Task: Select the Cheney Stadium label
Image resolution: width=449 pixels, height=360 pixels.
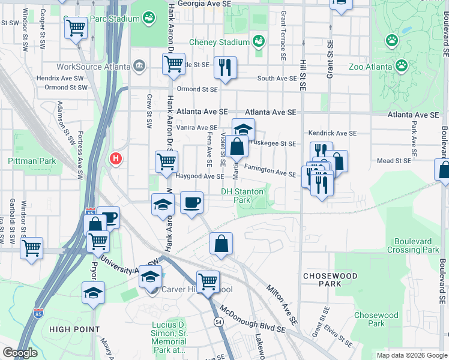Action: (219, 42)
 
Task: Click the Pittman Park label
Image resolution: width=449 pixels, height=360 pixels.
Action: (32, 161)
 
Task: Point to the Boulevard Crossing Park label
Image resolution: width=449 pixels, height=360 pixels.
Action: (413, 245)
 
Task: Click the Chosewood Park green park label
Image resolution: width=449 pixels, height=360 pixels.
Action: (376, 319)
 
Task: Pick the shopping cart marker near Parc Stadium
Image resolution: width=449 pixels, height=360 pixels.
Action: (76, 27)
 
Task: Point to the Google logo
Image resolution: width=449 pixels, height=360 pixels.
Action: (20, 353)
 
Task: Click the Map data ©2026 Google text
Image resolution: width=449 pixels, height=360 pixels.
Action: (412, 355)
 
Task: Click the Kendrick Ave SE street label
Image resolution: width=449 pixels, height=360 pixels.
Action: (333, 133)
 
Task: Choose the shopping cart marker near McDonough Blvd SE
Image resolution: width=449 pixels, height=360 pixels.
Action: (208, 281)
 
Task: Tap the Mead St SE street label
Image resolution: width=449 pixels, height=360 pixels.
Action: (394, 161)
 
